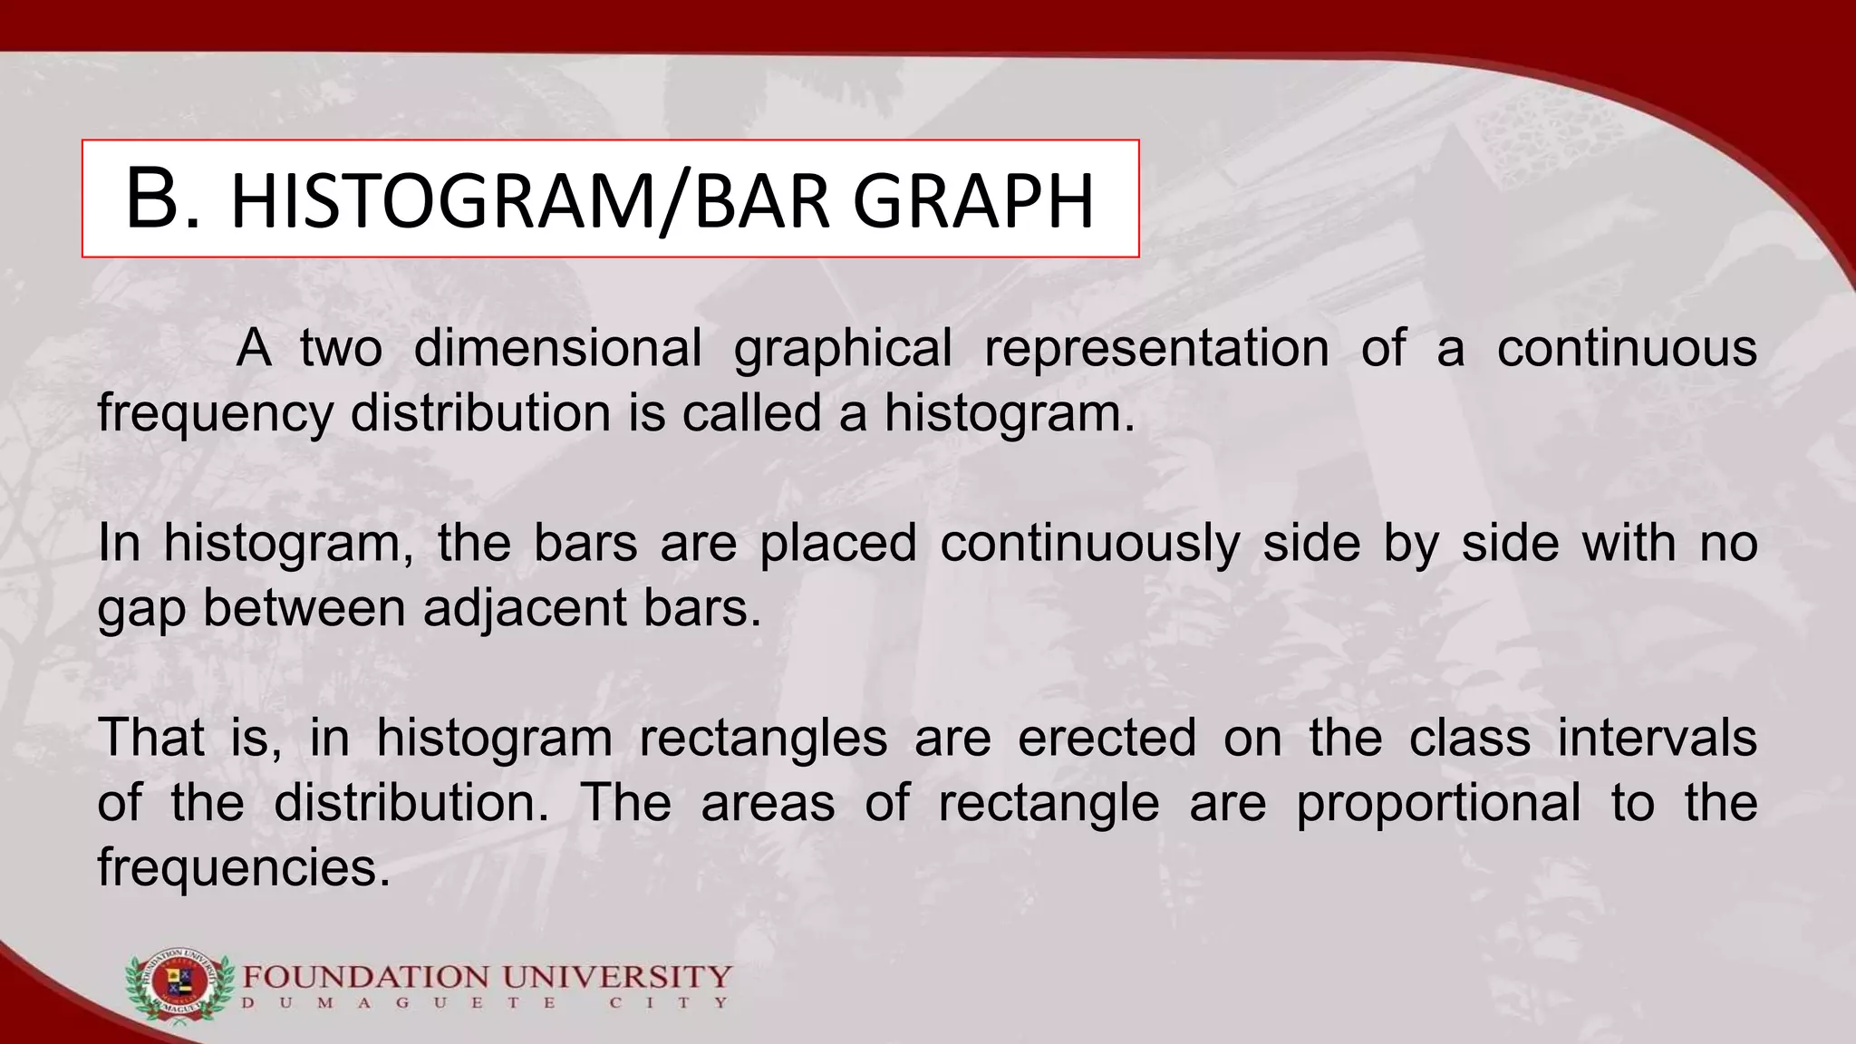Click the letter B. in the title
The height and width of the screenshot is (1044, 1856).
click(x=161, y=200)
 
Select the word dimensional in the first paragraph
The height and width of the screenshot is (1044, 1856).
click(x=557, y=348)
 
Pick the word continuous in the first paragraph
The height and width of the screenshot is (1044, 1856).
click(x=1627, y=348)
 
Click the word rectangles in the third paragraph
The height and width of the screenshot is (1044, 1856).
click(x=763, y=739)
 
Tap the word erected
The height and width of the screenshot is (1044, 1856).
click(x=1107, y=738)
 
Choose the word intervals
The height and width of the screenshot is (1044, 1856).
click(x=1657, y=738)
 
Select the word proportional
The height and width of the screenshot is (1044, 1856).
click(x=1438, y=805)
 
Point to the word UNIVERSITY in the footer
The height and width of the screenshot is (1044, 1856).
click(x=617, y=978)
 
